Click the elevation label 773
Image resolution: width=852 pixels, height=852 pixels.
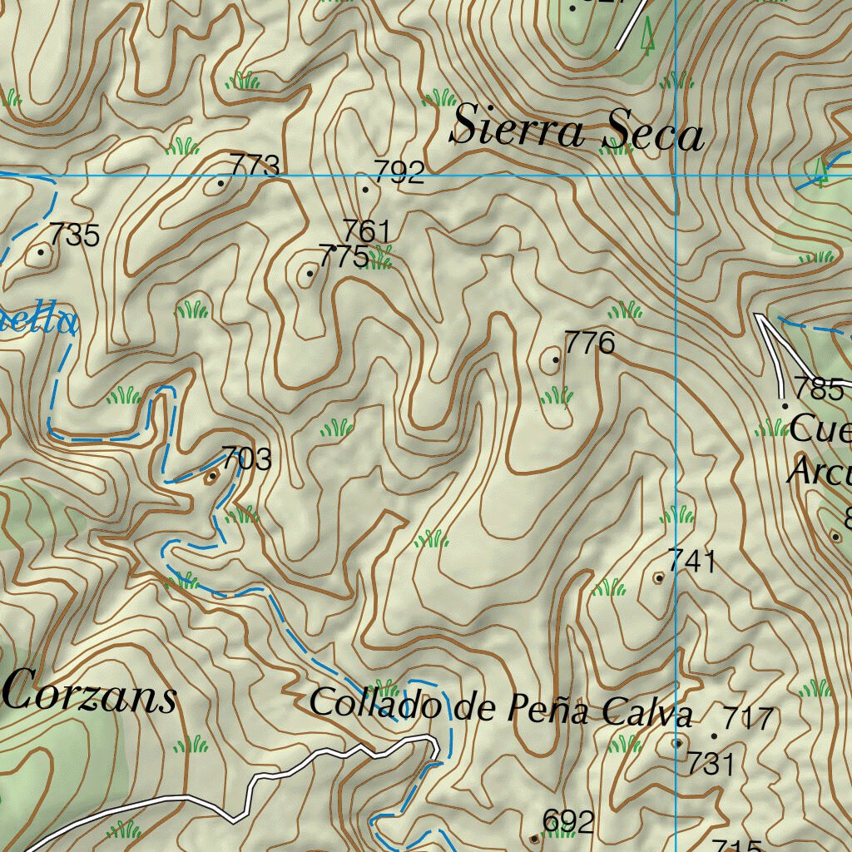(255, 166)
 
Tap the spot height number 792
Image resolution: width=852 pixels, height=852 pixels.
(399, 172)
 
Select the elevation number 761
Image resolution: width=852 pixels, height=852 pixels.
(367, 230)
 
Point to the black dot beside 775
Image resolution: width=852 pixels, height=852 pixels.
(310, 273)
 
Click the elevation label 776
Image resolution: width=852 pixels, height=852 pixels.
(589, 342)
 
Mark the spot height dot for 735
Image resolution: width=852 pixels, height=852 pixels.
(41, 251)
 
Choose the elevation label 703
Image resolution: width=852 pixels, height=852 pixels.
(246, 458)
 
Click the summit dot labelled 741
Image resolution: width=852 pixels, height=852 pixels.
(659, 577)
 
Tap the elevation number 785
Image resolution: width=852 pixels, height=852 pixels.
(818, 389)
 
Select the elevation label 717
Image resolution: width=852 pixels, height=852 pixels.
(749, 717)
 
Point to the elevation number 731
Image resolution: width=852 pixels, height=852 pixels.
(710, 764)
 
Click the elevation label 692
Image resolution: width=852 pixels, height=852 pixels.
(568, 822)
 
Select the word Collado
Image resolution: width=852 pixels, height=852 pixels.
(375, 705)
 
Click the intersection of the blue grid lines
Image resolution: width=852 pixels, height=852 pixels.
(676, 176)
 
